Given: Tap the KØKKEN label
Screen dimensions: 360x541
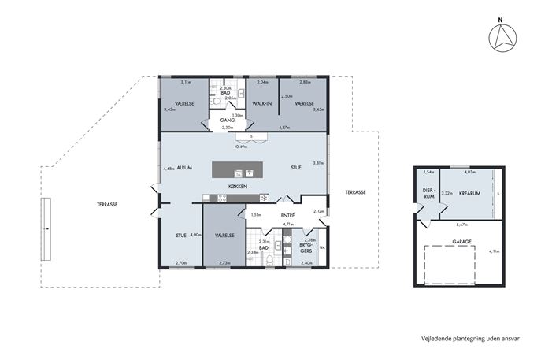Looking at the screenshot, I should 237,186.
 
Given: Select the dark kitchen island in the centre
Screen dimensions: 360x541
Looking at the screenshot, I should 236,169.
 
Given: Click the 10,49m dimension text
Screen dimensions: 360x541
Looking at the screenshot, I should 240,146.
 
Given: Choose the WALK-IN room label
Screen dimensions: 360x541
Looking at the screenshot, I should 261,104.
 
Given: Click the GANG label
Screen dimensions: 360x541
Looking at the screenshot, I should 228,121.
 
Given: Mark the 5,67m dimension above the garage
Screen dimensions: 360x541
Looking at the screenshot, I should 458,223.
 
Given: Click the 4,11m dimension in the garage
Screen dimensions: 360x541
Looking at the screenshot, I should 494,251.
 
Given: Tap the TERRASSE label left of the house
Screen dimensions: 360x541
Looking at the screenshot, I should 107,204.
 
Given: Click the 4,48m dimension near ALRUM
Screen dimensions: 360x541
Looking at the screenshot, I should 169,168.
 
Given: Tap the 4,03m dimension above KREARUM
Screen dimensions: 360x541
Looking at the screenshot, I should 469,172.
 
